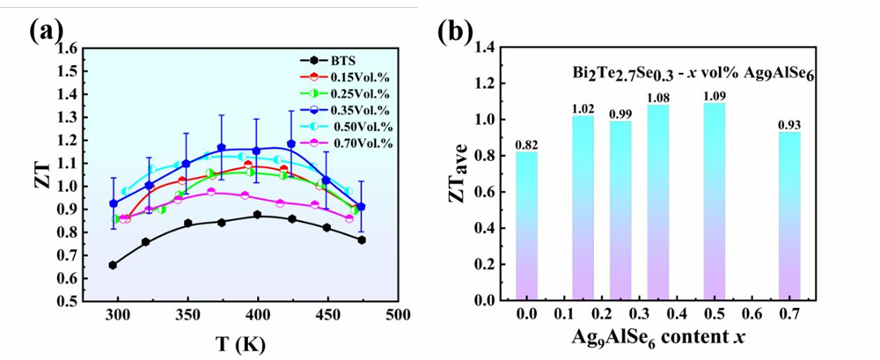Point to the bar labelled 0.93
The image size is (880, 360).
click(x=790, y=217)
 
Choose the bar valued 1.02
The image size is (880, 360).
click(x=583, y=208)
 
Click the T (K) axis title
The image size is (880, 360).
click(x=240, y=342)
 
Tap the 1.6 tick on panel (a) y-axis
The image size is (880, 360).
click(x=67, y=48)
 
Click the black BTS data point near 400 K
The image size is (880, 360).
click(x=257, y=215)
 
